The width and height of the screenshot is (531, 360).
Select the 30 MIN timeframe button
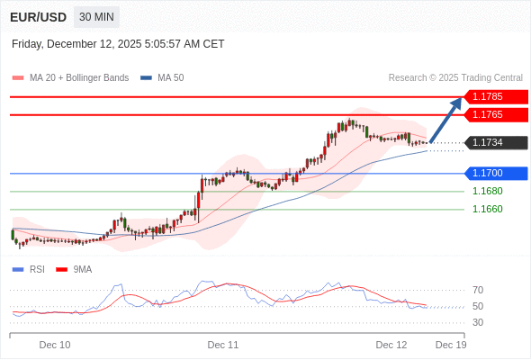click(96, 17)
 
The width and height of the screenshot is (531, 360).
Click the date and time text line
click(118, 44)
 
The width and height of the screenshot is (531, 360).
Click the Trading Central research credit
click(455, 77)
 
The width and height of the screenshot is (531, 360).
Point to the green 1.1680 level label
click(487, 191)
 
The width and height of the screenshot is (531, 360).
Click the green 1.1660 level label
click(487, 209)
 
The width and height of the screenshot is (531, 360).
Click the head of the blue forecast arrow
click(458, 101)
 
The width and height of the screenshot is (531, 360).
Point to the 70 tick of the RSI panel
click(478, 290)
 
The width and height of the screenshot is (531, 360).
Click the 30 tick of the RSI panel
click(478, 322)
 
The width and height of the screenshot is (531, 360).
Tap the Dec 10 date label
click(55, 345)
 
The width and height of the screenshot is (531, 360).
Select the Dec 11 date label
click(223, 345)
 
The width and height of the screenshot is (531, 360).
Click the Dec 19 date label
click(451, 345)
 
